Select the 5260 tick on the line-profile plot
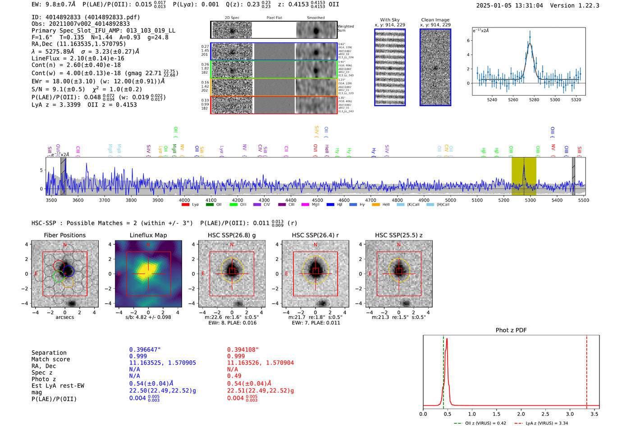pyautogui.click(x=513, y=100)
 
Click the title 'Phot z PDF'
pyautogui.click(x=511, y=330)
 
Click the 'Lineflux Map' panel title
pyautogui.click(x=148, y=235)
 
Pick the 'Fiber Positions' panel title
pyautogui.click(x=64, y=235)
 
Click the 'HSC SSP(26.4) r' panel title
pyautogui.click(x=315, y=235)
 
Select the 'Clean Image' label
pyautogui.click(x=435, y=20)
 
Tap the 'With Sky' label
pyautogui.click(x=389, y=20)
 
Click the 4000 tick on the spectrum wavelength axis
pyautogui.click(x=184, y=200)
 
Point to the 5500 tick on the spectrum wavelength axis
pyautogui.click(x=583, y=200)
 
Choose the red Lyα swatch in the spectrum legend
pyautogui.click(x=185, y=205)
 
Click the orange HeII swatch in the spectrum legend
pyautogui.click(x=376, y=205)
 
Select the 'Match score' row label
pyautogui.click(x=50, y=359)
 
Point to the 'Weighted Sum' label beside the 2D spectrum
pyautogui.click(x=346, y=28)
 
